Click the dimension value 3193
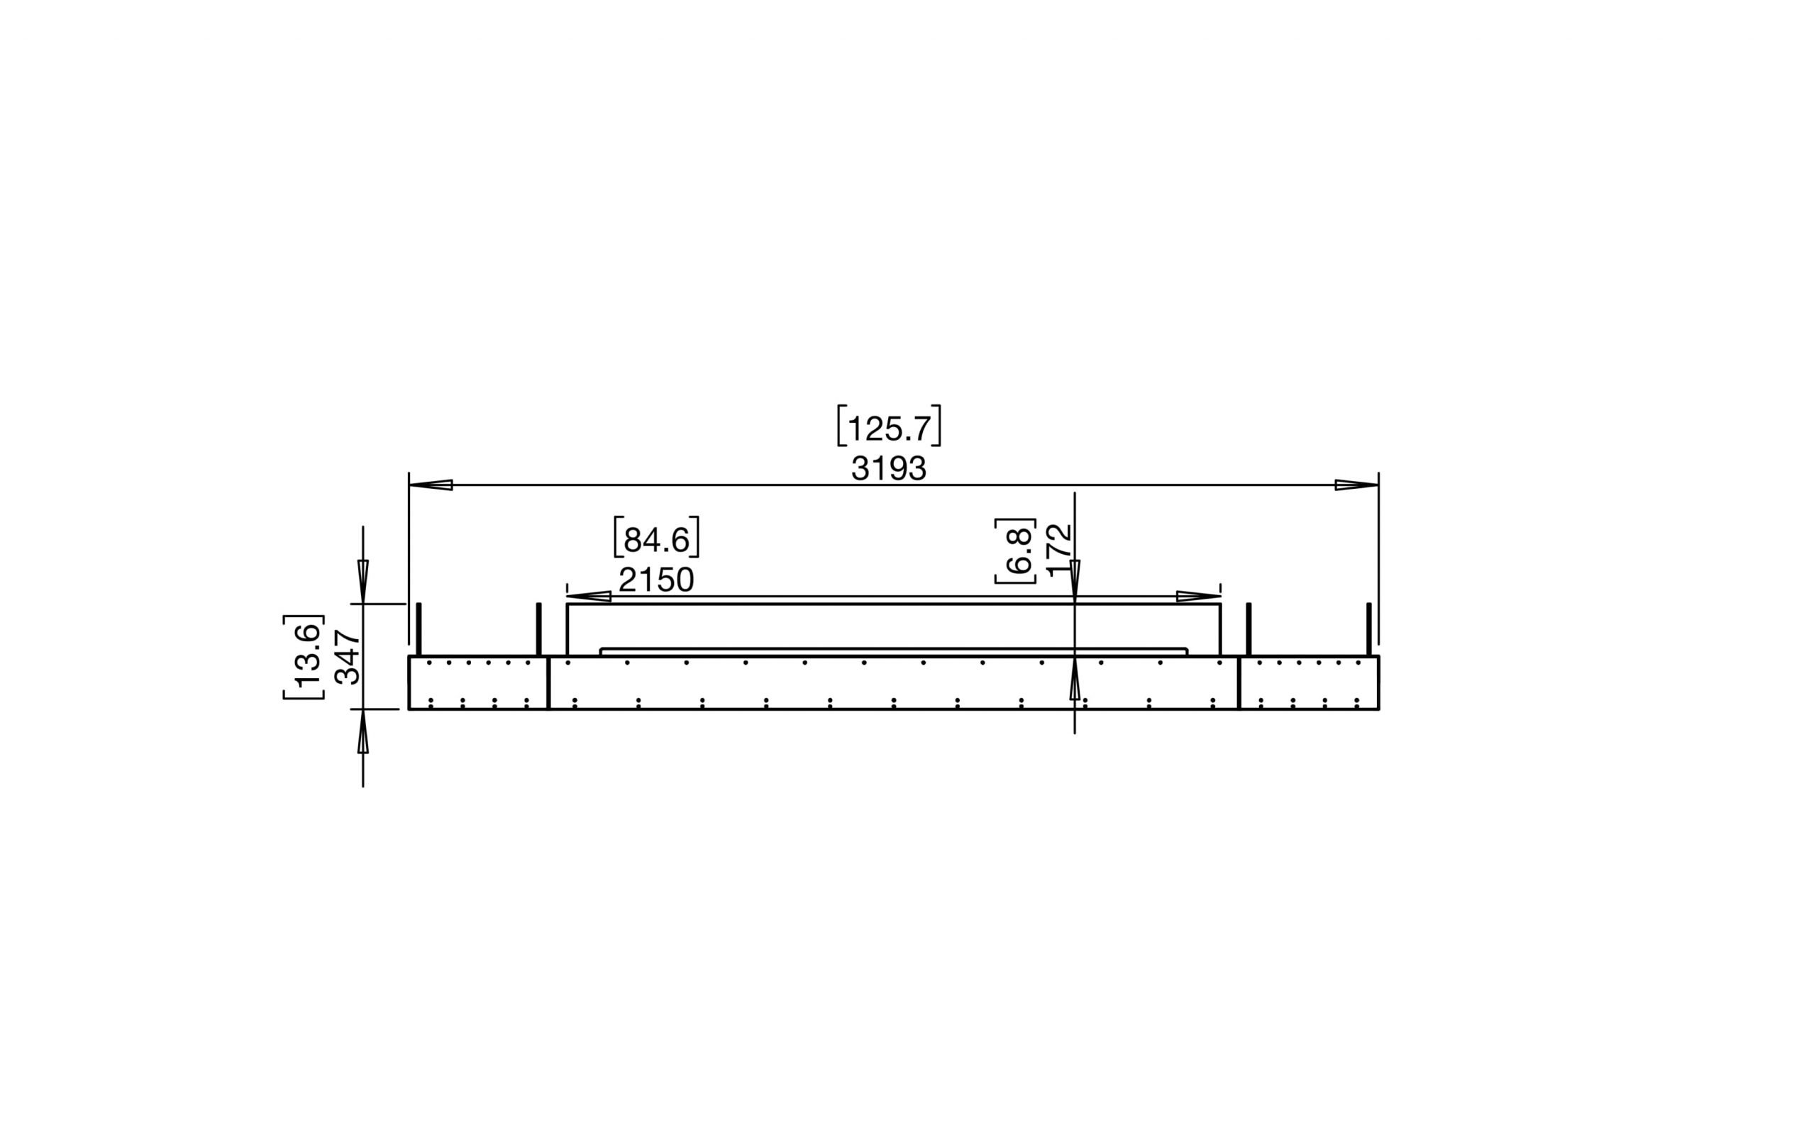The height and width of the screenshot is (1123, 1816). pyautogui.click(x=888, y=469)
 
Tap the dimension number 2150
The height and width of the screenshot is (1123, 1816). pyautogui.click(x=656, y=580)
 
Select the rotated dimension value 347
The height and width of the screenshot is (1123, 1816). pyautogui.click(x=348, y=657)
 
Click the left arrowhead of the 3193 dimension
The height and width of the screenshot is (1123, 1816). pyautogui.click(x=431, y=485)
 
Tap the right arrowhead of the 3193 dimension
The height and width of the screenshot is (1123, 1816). pyautogui.click(x=1356, y=485)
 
